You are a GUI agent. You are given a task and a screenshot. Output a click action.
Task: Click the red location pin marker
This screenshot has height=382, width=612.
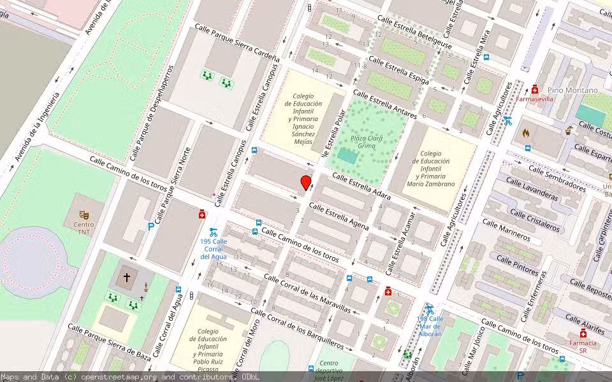tap(306, 183)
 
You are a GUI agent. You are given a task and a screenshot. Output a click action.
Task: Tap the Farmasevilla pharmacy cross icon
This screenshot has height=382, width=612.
tap(535, 90)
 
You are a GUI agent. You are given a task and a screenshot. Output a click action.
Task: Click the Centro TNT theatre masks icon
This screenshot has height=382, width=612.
tap(83, 215)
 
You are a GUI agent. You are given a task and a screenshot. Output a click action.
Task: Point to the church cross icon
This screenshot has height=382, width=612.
tap(127, 278)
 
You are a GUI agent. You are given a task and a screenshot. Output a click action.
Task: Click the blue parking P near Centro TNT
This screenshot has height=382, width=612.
tap(151, 226)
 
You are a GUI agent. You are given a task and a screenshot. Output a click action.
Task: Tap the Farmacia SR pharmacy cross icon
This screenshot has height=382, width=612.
tap(583, 334)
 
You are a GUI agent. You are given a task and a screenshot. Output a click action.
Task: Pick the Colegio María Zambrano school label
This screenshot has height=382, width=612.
tap(431, 168)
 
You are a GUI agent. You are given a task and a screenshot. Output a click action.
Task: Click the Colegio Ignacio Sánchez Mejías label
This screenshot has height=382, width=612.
tap(303, 119)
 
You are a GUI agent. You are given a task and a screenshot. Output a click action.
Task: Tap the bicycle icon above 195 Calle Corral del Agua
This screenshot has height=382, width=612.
tap(214, 232)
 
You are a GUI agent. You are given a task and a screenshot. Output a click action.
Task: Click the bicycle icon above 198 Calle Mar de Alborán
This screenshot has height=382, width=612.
tap(430, 309)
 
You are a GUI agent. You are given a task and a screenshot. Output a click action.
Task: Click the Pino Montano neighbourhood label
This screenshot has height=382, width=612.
tap(572, 90)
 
